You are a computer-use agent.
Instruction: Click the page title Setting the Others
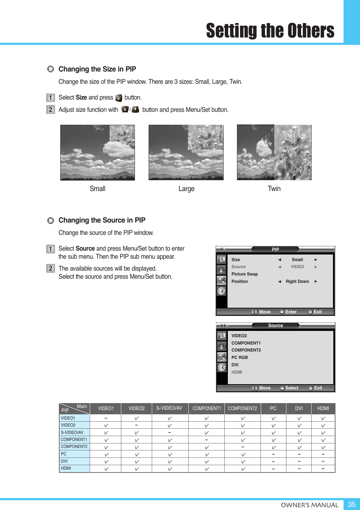[270, 31]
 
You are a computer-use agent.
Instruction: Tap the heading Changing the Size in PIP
[97, 69]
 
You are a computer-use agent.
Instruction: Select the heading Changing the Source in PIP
[102, 220]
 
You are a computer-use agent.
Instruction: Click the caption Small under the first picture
[97, 189]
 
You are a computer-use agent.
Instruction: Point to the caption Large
[186, 189]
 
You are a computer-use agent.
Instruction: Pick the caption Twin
[274, 189]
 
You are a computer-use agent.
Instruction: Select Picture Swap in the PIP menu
[244, 274]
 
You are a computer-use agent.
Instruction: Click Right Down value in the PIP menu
[297, 281]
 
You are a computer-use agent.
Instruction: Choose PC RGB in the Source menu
[239, 358]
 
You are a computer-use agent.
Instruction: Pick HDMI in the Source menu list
[237, 372]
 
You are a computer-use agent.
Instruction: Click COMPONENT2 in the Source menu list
[246, 350]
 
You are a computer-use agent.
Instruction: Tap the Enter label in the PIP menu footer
[291, 312]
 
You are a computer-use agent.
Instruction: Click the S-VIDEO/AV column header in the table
[169, 408]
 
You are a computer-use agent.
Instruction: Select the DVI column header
[299, 408]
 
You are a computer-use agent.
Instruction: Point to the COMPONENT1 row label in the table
[74, 440]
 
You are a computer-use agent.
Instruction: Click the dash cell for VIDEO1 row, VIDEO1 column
[106, 418]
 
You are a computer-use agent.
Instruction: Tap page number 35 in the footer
[351, 504]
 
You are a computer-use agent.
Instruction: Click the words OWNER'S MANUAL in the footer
[310, 505]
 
